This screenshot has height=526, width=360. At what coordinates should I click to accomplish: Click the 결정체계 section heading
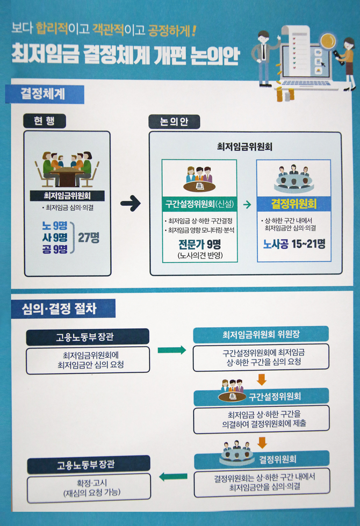click(x=43, y=94)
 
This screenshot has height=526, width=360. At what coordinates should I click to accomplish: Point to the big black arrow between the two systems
click(x=130, y=204)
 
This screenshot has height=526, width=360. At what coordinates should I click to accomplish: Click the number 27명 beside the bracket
click(x=89, y=237)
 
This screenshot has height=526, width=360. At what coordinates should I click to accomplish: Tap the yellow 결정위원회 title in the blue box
click(x=294, y=205)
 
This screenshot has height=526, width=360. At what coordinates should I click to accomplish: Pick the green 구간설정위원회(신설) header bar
click(x=199, y=204)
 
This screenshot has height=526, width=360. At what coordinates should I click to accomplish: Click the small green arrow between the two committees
click(x=247, y=205)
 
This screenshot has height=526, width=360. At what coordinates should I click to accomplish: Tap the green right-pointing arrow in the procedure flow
click(x=171, y=350)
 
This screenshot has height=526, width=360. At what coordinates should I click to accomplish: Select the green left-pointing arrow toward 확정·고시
click(x=172, y=476)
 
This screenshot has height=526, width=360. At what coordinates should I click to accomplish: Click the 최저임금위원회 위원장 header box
click(x=261, y=335)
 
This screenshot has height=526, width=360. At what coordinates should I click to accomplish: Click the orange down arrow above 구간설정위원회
click(x=262, y=379)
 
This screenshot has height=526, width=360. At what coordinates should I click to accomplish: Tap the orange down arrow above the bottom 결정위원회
click(x=262, y=443)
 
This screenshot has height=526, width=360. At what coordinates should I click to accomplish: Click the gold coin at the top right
click(x=328, y=41)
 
